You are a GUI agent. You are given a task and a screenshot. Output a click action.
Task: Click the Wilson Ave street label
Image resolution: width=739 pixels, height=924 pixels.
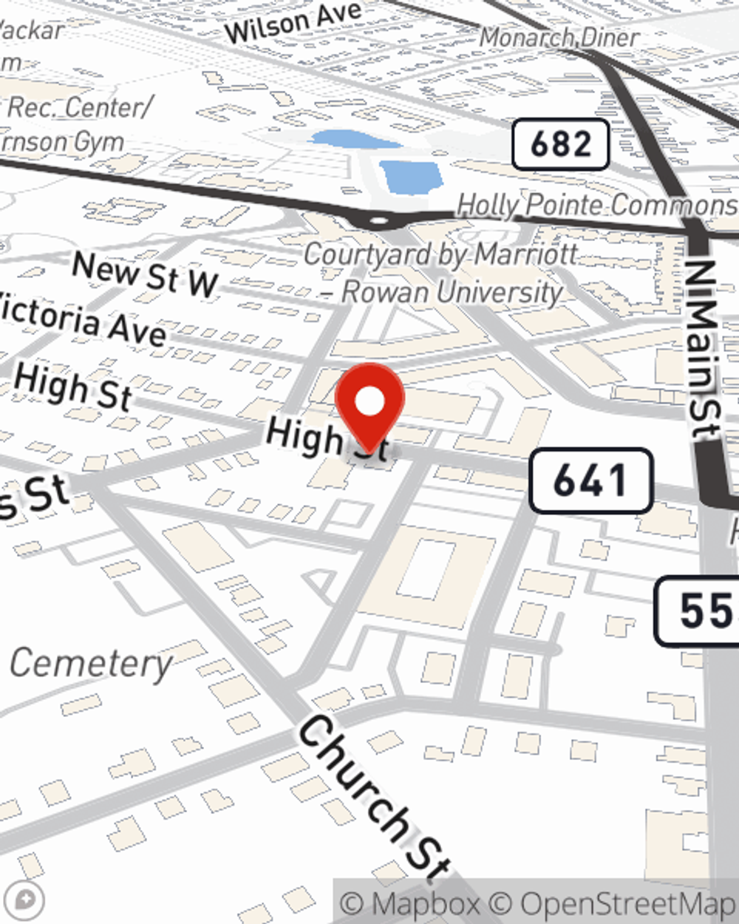pyautogui.click(x=293, y=22)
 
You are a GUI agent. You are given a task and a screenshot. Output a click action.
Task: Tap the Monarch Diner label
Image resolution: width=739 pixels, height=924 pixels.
pyautogui.click(x=559, y=37)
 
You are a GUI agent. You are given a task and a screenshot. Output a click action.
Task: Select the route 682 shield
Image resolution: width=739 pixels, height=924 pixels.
pyautogui.click(x=561, y=144)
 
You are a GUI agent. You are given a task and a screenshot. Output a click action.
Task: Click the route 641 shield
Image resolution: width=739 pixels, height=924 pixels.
pyautogui.click(x=590, y=480)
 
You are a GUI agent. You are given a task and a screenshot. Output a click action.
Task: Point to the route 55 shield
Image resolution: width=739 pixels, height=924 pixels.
pyautogui.click(x=699, y=611)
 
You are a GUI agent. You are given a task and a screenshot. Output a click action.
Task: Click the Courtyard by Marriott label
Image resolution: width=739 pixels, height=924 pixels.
pyautogui.click(x=441, y=255)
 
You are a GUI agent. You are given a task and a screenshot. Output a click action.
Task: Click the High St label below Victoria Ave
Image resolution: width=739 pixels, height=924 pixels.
pyautogui.click(x=72, y=386)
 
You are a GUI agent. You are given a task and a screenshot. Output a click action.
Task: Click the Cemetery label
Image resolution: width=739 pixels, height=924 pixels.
pyautogui.click(x=91, y=663)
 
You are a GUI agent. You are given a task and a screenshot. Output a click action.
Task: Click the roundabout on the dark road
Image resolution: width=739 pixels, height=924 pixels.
pyautogui.click(x=378, y=220)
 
